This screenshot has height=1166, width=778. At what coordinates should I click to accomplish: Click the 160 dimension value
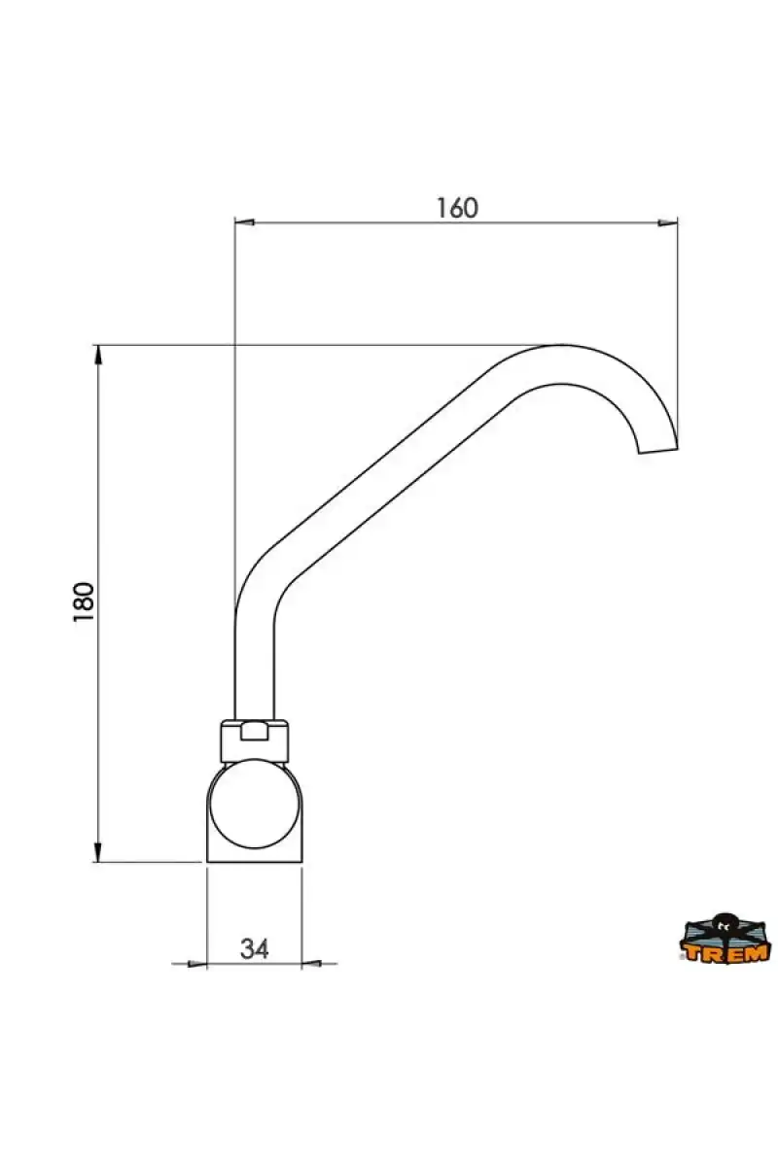click(456, 208)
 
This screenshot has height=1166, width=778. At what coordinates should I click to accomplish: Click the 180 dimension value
click(84, 601)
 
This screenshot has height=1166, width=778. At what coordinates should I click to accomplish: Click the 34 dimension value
click(254, 949)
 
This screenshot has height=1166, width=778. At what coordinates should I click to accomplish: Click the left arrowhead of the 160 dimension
click(244, 223)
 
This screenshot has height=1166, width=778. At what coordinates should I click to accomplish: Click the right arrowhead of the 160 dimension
click(668, 223)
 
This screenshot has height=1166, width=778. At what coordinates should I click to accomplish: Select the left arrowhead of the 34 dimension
click(197, 964)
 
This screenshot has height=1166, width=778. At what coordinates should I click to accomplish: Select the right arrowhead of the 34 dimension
click(311, 964)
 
